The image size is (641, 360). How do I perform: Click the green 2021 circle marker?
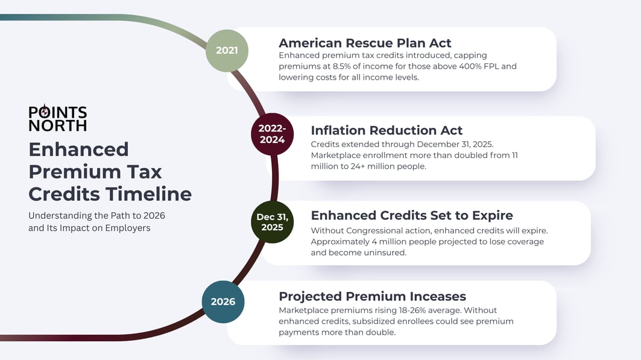pyautogui.click(x=226, y=50)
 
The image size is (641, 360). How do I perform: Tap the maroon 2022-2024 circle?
pyautogui.click(x=272, y=134)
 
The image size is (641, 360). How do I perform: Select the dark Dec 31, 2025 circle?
pyautogui.click(x=272, y=222)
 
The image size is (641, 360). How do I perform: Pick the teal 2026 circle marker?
pyautogui.click(x=223, y=301)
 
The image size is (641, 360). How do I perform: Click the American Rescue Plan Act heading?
pyautogui.click(x=364, y=43)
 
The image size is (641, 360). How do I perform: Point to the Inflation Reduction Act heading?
pyautogui.click(x=386, y=130)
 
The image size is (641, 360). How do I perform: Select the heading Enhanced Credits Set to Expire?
pyautogui.click(x=412, y=215)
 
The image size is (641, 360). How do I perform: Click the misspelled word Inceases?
pyautogui.click(x=436, y=296)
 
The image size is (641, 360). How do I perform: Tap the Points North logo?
pyautogui.click(x=57, y=119)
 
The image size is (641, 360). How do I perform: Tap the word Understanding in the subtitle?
pyautogui.click(x=60, y=216)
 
